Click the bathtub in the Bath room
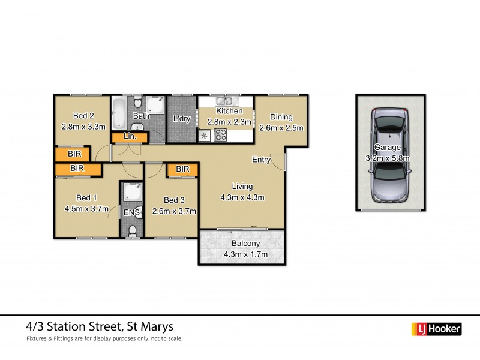118,112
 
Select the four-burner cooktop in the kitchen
220,135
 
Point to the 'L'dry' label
181,119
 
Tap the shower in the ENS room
130,192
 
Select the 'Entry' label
261,160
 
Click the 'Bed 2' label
83,116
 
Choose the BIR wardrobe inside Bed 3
182,170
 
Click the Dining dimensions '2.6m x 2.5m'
281,127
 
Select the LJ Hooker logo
436,329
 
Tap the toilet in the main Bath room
137,100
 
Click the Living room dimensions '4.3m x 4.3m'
242,197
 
